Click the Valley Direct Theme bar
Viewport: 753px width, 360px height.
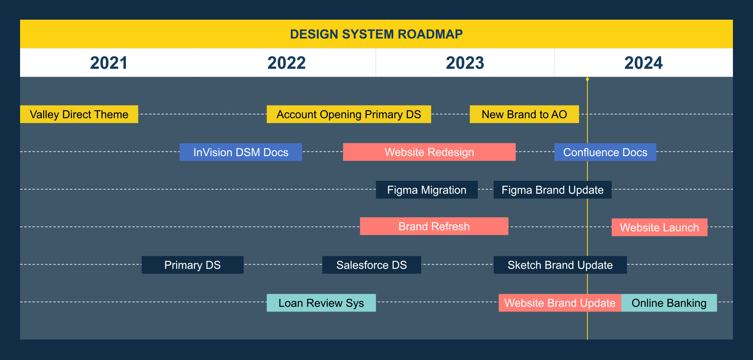(79, 114)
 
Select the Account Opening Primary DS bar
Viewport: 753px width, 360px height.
(349, 114)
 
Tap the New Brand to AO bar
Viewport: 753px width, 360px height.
(524, 114)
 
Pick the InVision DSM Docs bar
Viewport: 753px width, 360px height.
(241, 152)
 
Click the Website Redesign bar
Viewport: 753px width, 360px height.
(429, 152)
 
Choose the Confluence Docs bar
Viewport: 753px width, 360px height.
(605, 152)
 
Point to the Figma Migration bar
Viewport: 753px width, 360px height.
(427, 190)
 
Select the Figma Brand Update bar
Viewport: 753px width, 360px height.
(553, 190)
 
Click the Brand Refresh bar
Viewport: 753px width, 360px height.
(434, 226)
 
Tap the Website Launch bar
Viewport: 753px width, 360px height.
(660, 227)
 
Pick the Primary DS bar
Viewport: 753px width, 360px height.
(192, 265)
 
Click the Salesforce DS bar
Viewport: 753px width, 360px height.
(371, 265)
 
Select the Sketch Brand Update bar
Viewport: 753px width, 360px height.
(560, 265)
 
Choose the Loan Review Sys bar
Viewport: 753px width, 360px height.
(321, 303)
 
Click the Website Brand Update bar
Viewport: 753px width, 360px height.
(560, 303)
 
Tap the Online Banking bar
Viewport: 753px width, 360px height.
(669, 303)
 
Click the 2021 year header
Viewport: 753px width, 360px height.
(109, 63)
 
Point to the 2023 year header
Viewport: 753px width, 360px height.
(465, 63)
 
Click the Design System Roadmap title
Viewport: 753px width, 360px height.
(376, 34)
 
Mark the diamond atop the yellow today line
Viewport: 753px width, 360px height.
(587, 79)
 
